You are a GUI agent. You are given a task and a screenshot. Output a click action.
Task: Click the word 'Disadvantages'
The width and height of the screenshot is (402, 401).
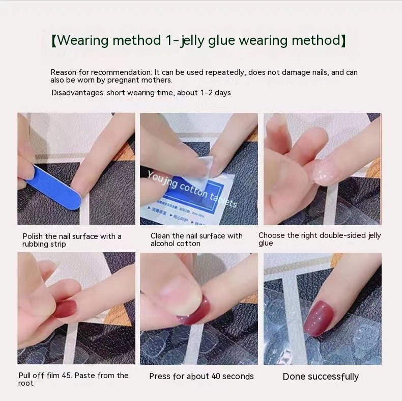tap(78, 93)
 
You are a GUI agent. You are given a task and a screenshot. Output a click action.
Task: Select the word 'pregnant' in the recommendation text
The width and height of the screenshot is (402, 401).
tap(123, 80)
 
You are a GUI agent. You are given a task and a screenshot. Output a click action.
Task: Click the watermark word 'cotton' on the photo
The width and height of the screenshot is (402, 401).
tap(193, 191)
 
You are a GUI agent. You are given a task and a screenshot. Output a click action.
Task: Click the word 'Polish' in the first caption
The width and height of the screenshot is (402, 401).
tap(32, 236)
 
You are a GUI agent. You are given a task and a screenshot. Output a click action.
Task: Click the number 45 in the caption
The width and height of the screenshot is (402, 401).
tap(66, 376)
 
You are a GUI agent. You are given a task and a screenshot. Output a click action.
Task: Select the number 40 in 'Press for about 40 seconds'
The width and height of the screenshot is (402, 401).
tap(216, 377)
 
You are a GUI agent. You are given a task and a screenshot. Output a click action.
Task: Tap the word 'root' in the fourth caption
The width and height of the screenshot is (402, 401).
tap(26, 383)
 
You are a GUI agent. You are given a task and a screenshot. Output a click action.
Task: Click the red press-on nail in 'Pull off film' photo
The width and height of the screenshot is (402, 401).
tap(66, 309)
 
